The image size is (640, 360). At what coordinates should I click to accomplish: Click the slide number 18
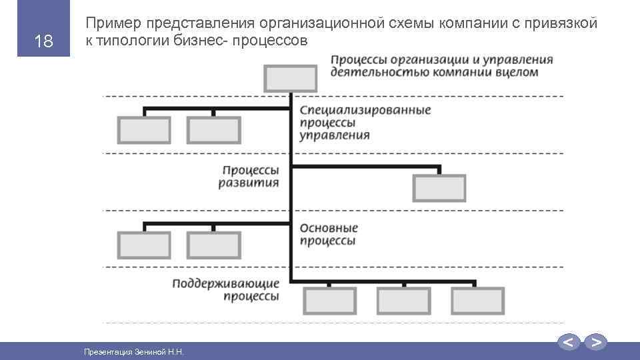click(43, 41)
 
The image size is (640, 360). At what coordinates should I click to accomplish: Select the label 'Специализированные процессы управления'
click(365, 123)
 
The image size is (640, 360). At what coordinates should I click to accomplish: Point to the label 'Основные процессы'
click(329, 235)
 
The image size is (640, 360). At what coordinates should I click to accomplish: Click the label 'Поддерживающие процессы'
click(225, 290)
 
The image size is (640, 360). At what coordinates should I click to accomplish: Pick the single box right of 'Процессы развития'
click(439, 187)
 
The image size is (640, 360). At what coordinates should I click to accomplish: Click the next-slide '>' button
click(596, 343)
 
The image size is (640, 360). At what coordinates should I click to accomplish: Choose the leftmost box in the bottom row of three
click(329, 301)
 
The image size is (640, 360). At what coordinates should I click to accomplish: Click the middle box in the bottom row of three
click(403, 301)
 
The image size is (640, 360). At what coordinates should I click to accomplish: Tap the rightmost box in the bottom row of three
click(477, 301)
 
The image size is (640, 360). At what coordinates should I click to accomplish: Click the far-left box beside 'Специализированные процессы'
click(143, 130)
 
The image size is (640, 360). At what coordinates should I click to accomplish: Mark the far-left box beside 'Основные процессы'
click(143, 245)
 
